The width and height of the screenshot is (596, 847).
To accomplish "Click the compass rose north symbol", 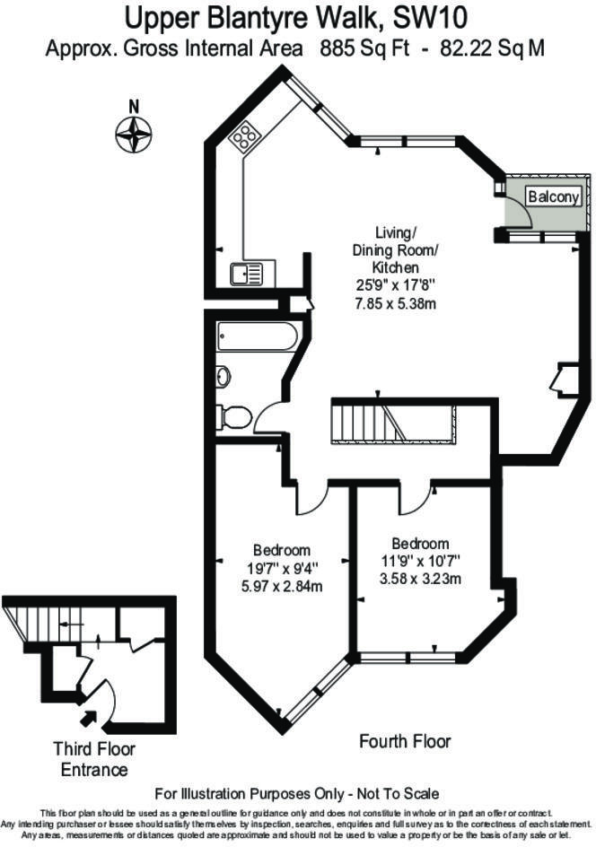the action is tap(134, 133).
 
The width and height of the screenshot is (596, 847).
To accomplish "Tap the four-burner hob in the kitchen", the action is tap(245, 135).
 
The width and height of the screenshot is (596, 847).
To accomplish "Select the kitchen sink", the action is tap(247, 274).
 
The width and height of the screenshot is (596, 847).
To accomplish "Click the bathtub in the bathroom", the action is tap(257, 336).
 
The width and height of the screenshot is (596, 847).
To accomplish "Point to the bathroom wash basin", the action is tap(223, 376).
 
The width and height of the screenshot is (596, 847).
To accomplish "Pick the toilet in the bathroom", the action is tap(233, 418).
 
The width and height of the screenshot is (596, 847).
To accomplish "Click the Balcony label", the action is tap(554, 196).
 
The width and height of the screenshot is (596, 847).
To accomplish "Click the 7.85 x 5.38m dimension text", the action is tap(395, 303).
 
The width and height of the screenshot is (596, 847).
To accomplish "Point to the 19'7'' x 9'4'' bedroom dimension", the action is tap(282, 568).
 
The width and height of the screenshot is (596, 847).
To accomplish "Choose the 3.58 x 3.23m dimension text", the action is tap(420, 579).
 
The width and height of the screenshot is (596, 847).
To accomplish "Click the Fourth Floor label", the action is tap(405, 741).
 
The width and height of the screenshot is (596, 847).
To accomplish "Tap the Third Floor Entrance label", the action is tap(94, 759).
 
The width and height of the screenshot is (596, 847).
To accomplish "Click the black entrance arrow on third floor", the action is tap(88, 719).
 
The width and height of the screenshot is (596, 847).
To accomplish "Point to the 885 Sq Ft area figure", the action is tap(364, 48).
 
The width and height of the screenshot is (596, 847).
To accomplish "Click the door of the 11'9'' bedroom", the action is tap(416, 497).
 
